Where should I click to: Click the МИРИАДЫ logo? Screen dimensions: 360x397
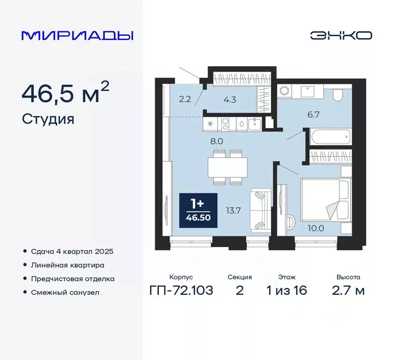pos(78,36)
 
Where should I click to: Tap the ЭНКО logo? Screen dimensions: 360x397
pos(341,36)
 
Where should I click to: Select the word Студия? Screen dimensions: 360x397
pos(48,119)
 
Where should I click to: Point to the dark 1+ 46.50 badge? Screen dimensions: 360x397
pos(198,211)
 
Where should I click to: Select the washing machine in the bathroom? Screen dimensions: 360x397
pos(284,91)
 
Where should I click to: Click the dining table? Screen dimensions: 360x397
pos(228,166)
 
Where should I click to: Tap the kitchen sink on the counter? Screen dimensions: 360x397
pos(256,124)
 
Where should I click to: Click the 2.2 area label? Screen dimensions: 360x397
pos(184,98)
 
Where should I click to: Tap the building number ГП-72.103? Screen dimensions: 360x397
pos(181,291)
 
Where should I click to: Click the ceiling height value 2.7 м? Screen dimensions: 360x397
pos(347,291)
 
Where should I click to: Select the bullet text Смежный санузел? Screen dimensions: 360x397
pos(65,292)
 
